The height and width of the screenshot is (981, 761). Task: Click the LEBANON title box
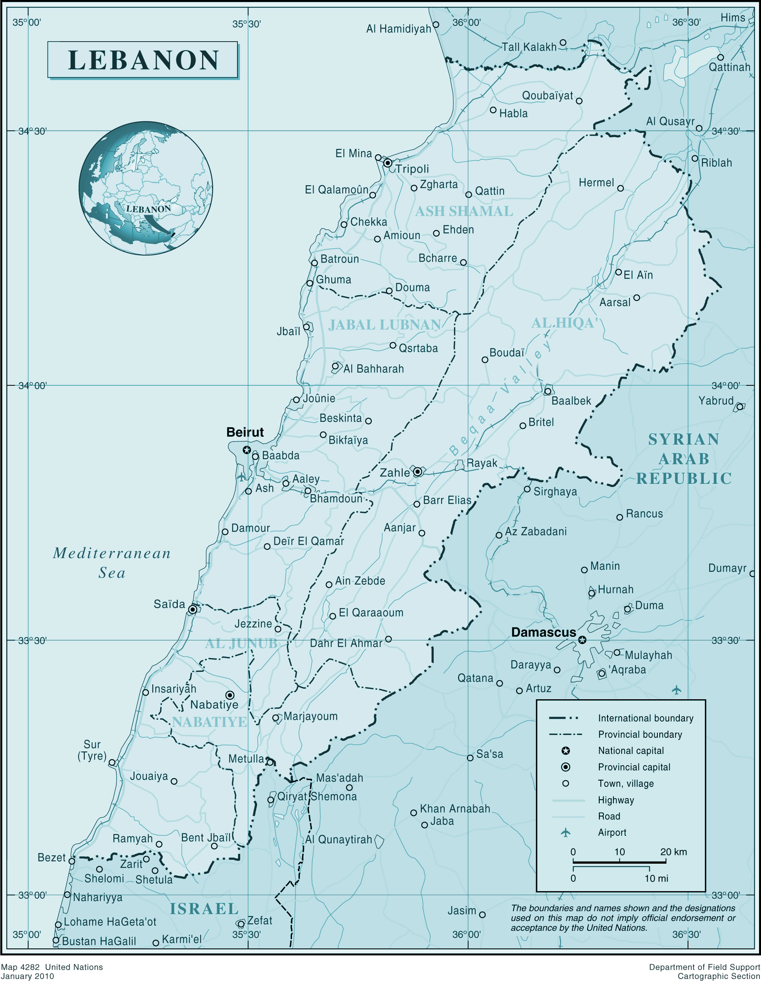pyautogui.click(x=142, y=60)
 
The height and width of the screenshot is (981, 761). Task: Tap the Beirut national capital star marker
pyautogui.click(x=246, y=450)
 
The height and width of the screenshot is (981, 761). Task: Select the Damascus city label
pyautogui.click(x=543, y=633)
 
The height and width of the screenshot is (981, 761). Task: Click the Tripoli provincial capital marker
pyautogui.click(x=388, y=162)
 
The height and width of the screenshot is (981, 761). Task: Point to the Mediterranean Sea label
pyautogui.click(x=112, y=563)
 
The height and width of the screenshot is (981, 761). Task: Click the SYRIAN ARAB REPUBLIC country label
pyautogui.click(x=684, y=459)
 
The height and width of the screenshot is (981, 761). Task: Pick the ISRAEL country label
pyautogui.click(x=204, y=909)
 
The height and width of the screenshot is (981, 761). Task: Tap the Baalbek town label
pyautogui.click(x=571, y=401)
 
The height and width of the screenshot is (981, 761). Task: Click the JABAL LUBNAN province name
pyautogui.click(x=385, y=325)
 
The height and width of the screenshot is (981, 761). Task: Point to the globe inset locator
pyautogui.click(x=146, y=189)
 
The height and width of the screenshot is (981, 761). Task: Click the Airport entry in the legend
pyautogui.click(x=611, y=832)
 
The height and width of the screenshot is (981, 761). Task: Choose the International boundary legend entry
pyautogui.click(x=645, y=718)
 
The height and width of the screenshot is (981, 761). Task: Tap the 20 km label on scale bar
pyautogui.click(x=673, y=852)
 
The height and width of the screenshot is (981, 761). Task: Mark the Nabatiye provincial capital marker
pyautogui.click(x=230, y=695)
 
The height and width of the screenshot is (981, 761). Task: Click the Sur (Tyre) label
pyautogui.click(x=92, y=750)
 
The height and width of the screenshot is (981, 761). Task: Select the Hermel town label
pyautogui.click(x=596, y=182)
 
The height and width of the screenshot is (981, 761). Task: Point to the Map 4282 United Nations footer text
pyautogui.click(x=52, y=967)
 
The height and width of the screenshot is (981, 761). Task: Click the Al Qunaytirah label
pyautogui.click(x=339, y=839)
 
